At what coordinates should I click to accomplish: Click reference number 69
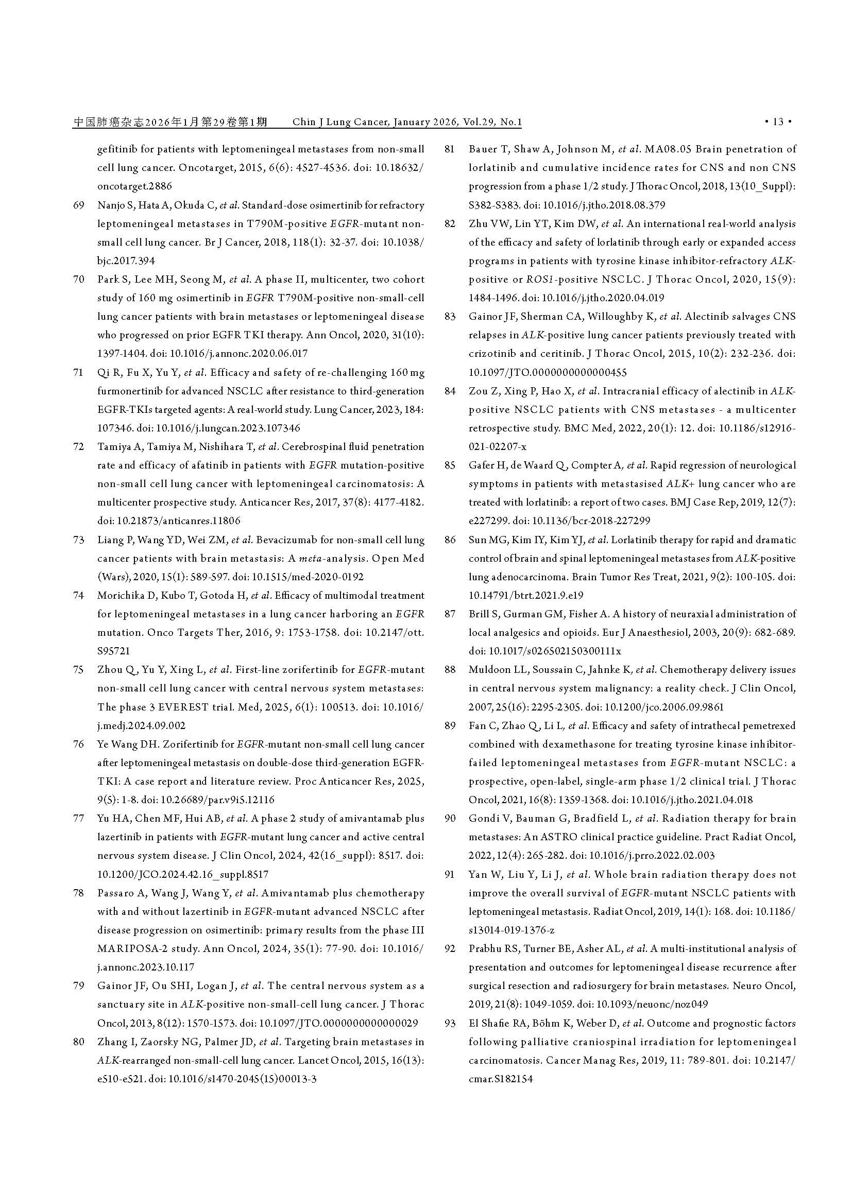(79, 205)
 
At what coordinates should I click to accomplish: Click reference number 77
(79, 818)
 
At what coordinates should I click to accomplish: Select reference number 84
(450, 391)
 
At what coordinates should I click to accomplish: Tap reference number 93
(450, 1023)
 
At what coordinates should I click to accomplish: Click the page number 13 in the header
(778, 122)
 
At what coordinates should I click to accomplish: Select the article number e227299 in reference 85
(489, 521)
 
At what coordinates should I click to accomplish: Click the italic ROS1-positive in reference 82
(523, 280)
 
